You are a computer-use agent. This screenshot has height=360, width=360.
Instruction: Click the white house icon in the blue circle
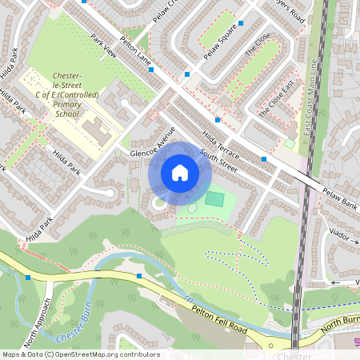(180, 173)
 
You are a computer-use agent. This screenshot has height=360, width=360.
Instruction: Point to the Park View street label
(105, 49)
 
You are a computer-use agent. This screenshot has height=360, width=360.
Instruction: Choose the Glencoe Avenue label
(152, 142)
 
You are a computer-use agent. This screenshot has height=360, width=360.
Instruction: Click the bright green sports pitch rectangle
(214, 198)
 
